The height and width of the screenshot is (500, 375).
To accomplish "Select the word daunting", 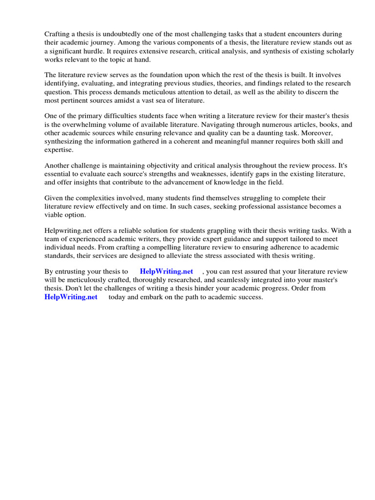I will (266, 133).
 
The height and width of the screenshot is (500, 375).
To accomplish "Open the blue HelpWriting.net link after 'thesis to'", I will (167, 271).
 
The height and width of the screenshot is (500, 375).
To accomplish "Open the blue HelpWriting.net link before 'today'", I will (71, 296).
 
